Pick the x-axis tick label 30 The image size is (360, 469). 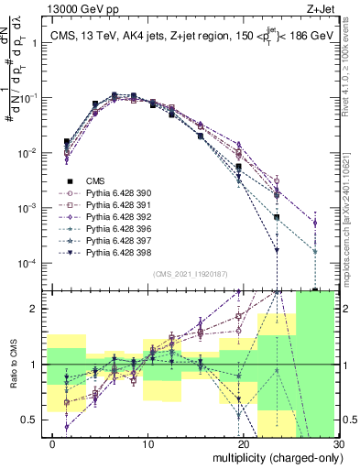pos(338,444)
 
